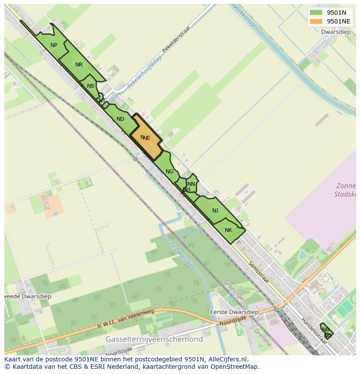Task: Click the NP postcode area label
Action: pyautogui.click(x=54, y=45)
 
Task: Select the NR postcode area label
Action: pyautogui.click(x=79, y=65)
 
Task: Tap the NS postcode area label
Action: pyautogui.click(x=90, y=86)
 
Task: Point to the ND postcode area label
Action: pyautogui.click(x=120, y=119)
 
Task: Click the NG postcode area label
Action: pyautogui.click(x=170, y=172)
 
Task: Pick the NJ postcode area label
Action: pyautogui.click(x=215, y=211)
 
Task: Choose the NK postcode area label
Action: pyautogui.click(x=229, y=230)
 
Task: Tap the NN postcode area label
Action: pyautogui.click(x=191, y=184)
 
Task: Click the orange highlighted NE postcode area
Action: pyautogui.click(x=146, y=138)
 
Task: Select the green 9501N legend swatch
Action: pyautogui.click(x=316, y=13)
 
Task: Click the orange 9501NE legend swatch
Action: pyautogui.click(x=316, y=21)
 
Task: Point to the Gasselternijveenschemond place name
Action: pyautogui.click(x=154, y=339)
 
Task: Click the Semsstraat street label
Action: pyautogui.click(x=258, y=273)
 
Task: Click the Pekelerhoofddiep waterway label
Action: pyautogui.click(x=144, y=72)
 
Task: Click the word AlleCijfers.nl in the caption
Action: pyautogui.click(x=228, y=359)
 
